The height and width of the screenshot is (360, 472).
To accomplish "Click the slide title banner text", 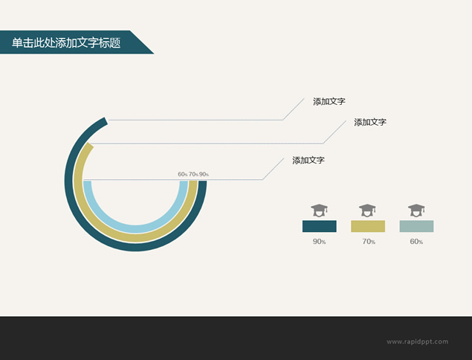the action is (66, 43).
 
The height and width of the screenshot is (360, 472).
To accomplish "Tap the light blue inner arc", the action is (135, 229).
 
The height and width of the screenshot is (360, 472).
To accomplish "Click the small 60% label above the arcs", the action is (183, 174).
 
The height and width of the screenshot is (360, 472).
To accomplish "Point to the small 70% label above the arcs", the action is (193, 174).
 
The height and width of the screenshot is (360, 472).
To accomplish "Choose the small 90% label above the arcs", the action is (204, 174).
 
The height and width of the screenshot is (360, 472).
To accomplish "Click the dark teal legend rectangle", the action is (320, 226).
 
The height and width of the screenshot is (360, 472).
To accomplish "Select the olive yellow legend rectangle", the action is (368, 226).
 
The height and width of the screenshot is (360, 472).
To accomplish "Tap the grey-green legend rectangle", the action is (416, 226).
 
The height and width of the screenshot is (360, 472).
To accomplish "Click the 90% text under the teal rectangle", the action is (319, 242).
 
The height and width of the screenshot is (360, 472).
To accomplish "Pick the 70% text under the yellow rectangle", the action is (369, 242).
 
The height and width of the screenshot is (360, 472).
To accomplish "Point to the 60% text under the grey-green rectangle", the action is (416, 242).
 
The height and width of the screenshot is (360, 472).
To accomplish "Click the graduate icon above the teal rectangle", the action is (320, 210).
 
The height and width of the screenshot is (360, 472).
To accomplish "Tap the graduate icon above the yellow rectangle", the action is (367, 210).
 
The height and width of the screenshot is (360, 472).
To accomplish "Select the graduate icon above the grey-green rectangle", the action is (416, 210).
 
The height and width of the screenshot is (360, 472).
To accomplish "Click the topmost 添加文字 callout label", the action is (329, 101).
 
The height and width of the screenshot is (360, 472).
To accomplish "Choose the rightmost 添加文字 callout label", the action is (370, 122).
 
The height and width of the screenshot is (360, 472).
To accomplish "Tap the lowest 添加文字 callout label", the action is (308, 160).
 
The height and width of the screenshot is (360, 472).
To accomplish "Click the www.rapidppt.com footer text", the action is (418, 341).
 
